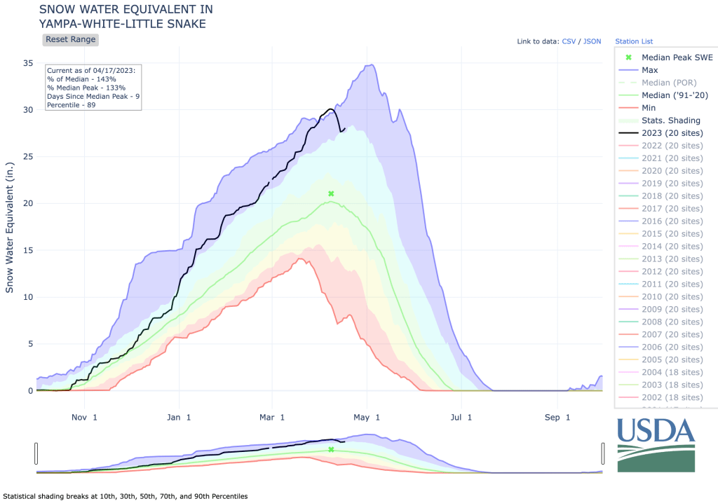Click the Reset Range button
click(x=70, y=40)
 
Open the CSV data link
click(x=569, y=41)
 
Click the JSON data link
click(x=592, y=41)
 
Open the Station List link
click(x=634, y=41)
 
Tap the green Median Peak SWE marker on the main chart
click(x=331, y=193)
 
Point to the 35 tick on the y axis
click(x=28, y=63)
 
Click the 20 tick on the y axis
click(x=28, y=203)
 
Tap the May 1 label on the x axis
click(x=367, y=418)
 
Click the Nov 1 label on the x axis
click(x=84, y=418)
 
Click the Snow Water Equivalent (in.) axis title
click(x=10, y=224)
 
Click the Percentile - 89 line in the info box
click(x=72, y=105)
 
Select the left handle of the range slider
click(x=36, y=453)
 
